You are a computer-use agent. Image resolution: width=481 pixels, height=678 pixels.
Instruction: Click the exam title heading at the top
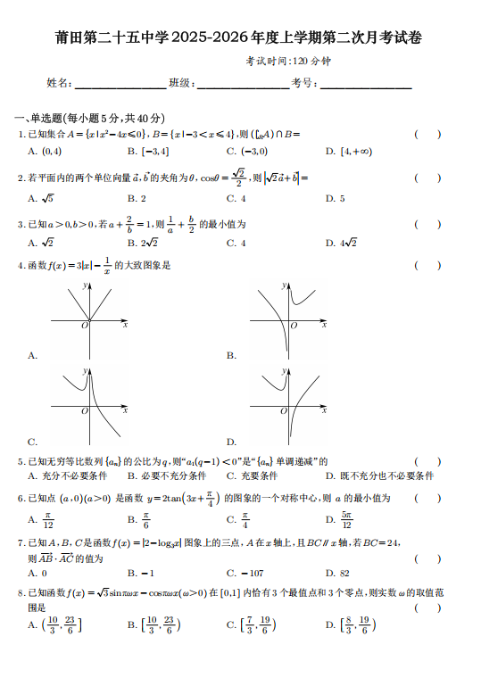[x=239, y=37]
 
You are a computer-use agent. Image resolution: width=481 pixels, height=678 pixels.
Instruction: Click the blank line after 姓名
[x=120, y=84]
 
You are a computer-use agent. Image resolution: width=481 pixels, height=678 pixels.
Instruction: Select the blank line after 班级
[x=242, y=84]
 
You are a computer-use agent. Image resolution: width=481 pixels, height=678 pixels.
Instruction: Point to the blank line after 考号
[x=365, y=84]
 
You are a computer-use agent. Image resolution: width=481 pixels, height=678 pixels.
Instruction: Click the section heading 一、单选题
[x=89, y=118]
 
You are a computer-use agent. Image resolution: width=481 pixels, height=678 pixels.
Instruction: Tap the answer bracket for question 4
[x=427, y=265]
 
